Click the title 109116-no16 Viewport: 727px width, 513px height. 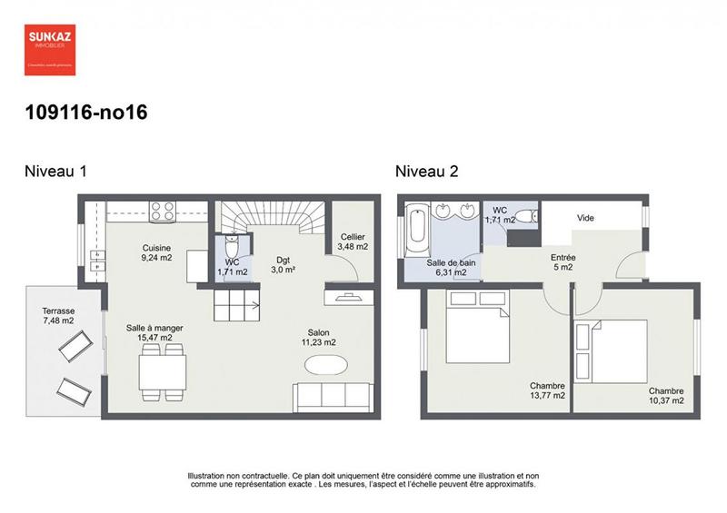(85, 113)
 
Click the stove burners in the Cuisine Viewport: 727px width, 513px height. (163, 211)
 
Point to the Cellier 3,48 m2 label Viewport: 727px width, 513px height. (353, 242)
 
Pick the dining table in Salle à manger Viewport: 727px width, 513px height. (163, 372)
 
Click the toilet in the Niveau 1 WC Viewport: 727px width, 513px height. (233, 249)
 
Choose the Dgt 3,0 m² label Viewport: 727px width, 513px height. (284, 264)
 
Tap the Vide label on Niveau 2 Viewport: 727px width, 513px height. (585, 218)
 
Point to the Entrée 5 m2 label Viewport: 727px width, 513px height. (563, 262)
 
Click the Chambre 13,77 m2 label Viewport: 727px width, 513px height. (548, 390)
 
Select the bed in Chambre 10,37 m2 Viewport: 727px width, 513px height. (619, 350)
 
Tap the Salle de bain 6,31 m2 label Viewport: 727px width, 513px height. (447, 266)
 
